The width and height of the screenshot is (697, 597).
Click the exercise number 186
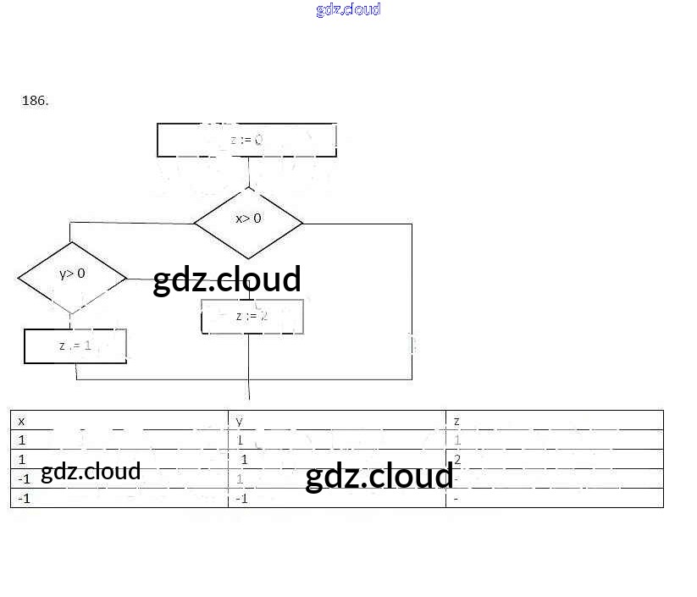click(35, 100)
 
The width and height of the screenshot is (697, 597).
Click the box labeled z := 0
click(246, 140)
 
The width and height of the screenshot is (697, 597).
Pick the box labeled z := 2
click(252, 316)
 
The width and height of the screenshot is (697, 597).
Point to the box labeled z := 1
click(75, 345)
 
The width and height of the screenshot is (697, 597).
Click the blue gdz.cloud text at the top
click(348, 9)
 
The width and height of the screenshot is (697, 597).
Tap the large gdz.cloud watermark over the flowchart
click(227, 279)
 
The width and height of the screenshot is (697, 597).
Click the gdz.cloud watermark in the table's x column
click(91, 471)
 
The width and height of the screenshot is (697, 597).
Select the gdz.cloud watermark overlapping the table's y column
click(379, 477)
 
